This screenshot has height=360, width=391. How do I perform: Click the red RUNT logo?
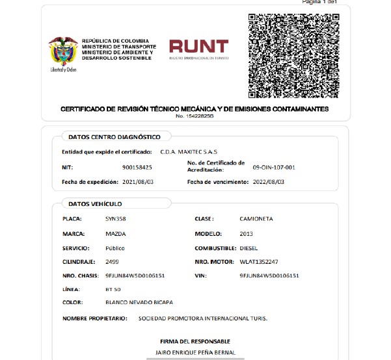click(199, 47)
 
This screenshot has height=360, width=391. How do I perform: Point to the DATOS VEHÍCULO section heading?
click(95, 203)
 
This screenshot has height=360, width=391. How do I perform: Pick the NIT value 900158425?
click(137, 167)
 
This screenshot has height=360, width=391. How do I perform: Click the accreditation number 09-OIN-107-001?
click(273, 167)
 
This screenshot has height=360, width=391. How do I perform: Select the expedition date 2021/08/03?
click(138, 182)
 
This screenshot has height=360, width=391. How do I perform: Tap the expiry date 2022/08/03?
click(268, 182)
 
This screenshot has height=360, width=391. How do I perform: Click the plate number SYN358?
click(115, 219)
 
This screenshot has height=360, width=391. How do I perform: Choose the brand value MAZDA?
click(115, 233)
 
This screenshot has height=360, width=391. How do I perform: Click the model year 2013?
click(246, 233)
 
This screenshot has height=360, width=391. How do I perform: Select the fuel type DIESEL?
click(249, 248)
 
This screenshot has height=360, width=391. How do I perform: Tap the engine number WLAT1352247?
click(259, 261)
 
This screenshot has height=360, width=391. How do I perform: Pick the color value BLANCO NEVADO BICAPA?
click(139, 302)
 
